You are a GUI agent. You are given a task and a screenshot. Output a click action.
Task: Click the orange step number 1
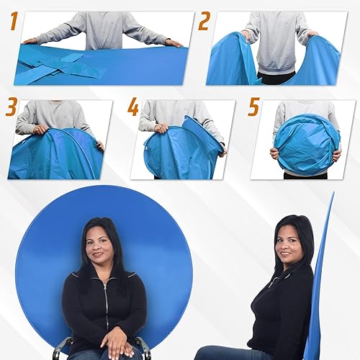coord(12,22)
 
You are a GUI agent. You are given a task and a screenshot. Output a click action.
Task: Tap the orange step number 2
coord(204,22)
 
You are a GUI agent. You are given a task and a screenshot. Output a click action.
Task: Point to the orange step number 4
coord(133,108)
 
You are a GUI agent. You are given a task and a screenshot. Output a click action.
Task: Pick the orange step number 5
coord(253,108)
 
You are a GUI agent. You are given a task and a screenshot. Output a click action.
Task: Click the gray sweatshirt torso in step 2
coord(276,40)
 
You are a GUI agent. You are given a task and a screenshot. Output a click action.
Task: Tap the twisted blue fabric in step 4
coord(180,148)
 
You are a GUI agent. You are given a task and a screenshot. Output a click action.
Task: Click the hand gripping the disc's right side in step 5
coord(336,154)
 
